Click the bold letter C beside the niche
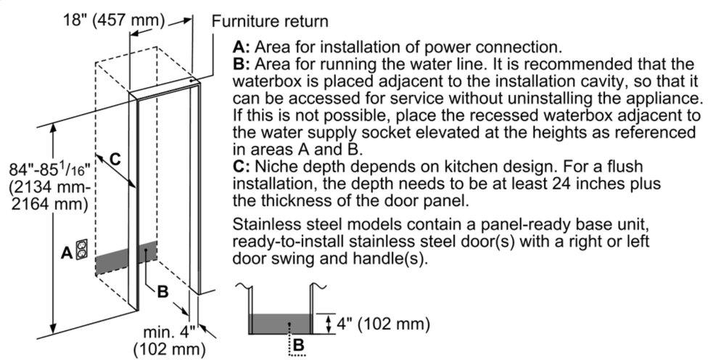click(x=115, y=157)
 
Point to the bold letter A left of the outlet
click(x=66, y=253)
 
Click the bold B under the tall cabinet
click(x=162, y=292)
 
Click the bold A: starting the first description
click(x=242, y=48)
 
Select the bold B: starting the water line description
click(x=242, y=65)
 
